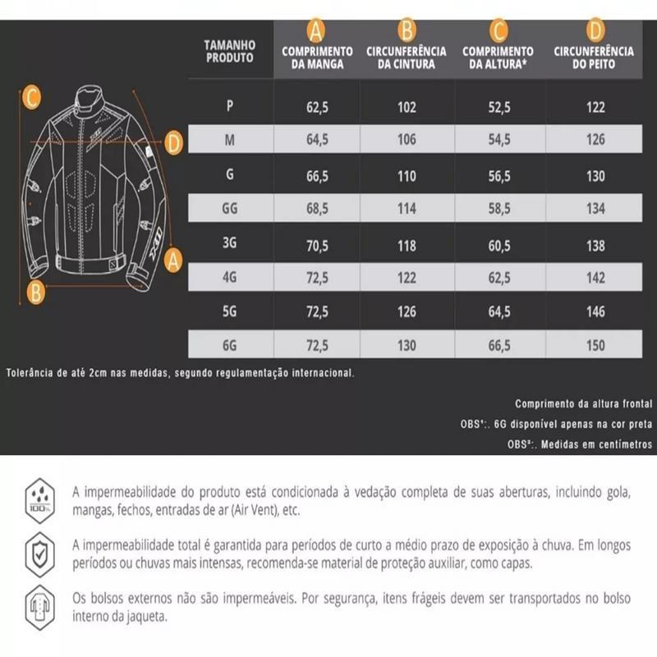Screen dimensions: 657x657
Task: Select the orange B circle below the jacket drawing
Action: click(34, 290)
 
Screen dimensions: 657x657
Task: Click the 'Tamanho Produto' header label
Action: click(230, 52)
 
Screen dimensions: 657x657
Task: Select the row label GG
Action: click(230, 209)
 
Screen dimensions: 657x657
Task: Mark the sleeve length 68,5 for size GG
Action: click(318, 209)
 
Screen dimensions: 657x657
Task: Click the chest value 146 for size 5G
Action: click(596, 312)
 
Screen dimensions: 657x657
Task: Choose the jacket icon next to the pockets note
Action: click(39, 604)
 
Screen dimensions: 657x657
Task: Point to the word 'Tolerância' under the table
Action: click(33, 372)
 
